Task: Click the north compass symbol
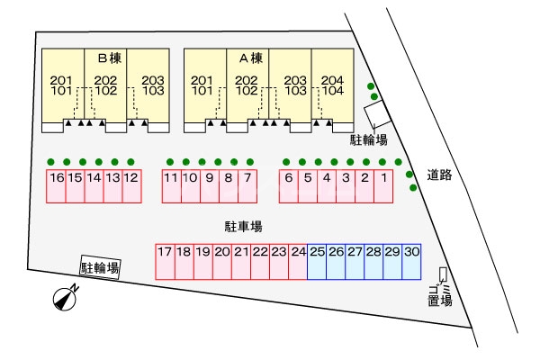(x=63, y=298)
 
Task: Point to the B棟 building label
(x=110, y=58)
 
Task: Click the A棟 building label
(x=251, y=58)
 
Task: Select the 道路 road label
(x=439, y=175)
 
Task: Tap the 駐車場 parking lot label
(x=243, y=226)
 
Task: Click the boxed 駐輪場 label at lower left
(x=99, y=267)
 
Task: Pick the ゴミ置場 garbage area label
(x=440, y=293)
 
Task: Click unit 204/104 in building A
(x=332, y=85)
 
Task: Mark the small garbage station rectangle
(x=442, y=274)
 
